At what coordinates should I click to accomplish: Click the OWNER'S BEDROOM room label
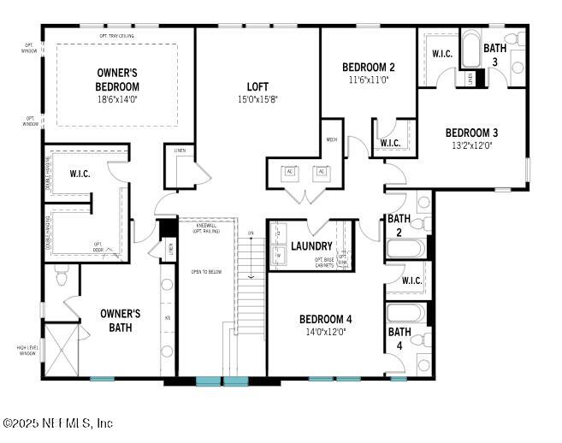(118, 80)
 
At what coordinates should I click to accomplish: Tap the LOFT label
(257, 86)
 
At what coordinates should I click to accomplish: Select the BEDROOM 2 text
(368, 68)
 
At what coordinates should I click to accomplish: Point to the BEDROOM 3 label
(471, 133)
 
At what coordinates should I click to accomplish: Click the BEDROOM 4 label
(325, 319)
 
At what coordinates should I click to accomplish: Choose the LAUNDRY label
(311, 246)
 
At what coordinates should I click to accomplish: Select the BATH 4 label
(399, 338)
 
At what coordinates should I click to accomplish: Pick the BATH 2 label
(399, 224)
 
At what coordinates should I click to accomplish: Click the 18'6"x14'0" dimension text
(118, 99)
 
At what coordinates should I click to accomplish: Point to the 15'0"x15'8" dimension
(257, 99)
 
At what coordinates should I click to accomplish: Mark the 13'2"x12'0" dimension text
(471, 145)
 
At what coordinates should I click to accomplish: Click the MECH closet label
(332, 140)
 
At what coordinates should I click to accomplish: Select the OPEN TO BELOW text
(205, 271)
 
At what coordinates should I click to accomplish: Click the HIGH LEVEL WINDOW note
(27, 350)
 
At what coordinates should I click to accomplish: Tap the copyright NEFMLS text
(58, 423)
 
